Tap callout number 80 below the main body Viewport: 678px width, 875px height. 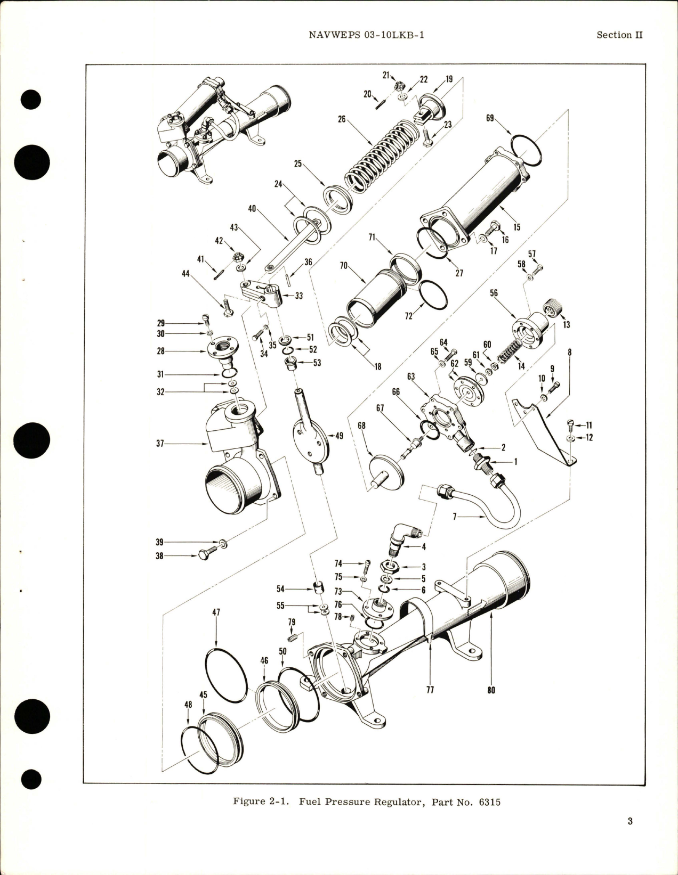[491, 690]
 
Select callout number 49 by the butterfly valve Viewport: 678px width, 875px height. [340, 436]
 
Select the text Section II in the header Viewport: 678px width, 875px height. [619, 35]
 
